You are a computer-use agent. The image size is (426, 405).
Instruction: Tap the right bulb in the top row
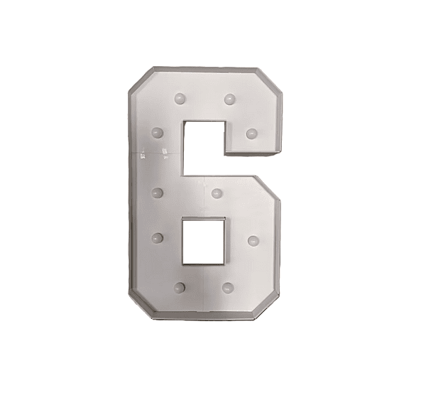(229, 99)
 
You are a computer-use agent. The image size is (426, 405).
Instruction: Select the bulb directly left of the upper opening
(157, 132)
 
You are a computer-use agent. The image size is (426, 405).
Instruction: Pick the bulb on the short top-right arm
(251, 133)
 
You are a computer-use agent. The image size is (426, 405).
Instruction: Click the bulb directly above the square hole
(217, 193)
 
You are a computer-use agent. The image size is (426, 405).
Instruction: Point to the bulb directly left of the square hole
(157, 237)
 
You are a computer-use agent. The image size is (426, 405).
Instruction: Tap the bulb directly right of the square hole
(253, 240)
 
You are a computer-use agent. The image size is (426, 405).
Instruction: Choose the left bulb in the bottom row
(180, 287)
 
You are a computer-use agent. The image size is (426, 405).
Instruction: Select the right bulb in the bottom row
(227, 288)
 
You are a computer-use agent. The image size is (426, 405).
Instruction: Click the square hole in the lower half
(204, 242)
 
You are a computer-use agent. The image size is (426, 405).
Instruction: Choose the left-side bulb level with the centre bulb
(157, 192)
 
